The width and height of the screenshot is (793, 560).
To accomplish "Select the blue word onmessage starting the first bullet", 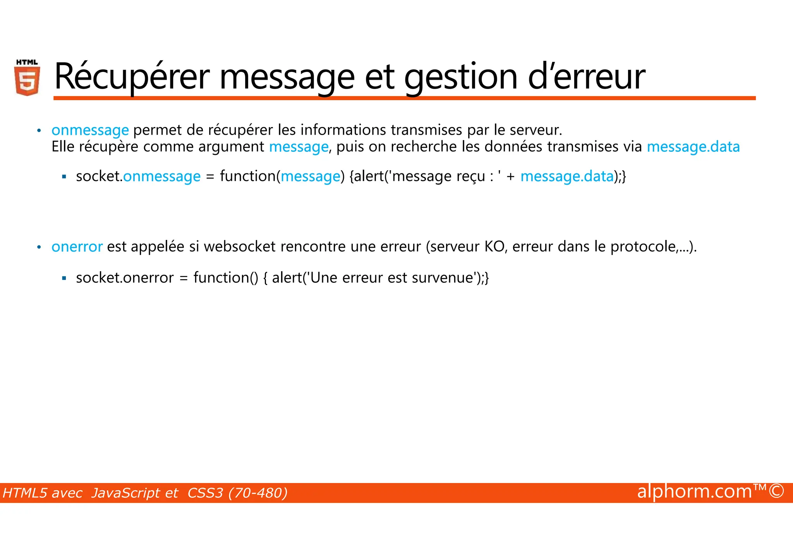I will coord(90,130).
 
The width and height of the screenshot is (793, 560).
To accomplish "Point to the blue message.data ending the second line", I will coord(693,147).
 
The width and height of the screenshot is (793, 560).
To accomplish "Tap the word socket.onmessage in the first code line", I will coord(138,176).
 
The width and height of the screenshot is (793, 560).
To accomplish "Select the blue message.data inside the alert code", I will coord(567,176).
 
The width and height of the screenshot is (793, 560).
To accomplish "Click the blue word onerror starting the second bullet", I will coord(77,247).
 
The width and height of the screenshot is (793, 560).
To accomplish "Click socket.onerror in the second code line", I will coord(125,278).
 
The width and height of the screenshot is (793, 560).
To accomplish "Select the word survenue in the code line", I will coord(443,278).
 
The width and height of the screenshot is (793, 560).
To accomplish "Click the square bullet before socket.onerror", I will coord(64,278).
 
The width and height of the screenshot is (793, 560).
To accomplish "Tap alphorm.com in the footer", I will coord(695,491).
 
